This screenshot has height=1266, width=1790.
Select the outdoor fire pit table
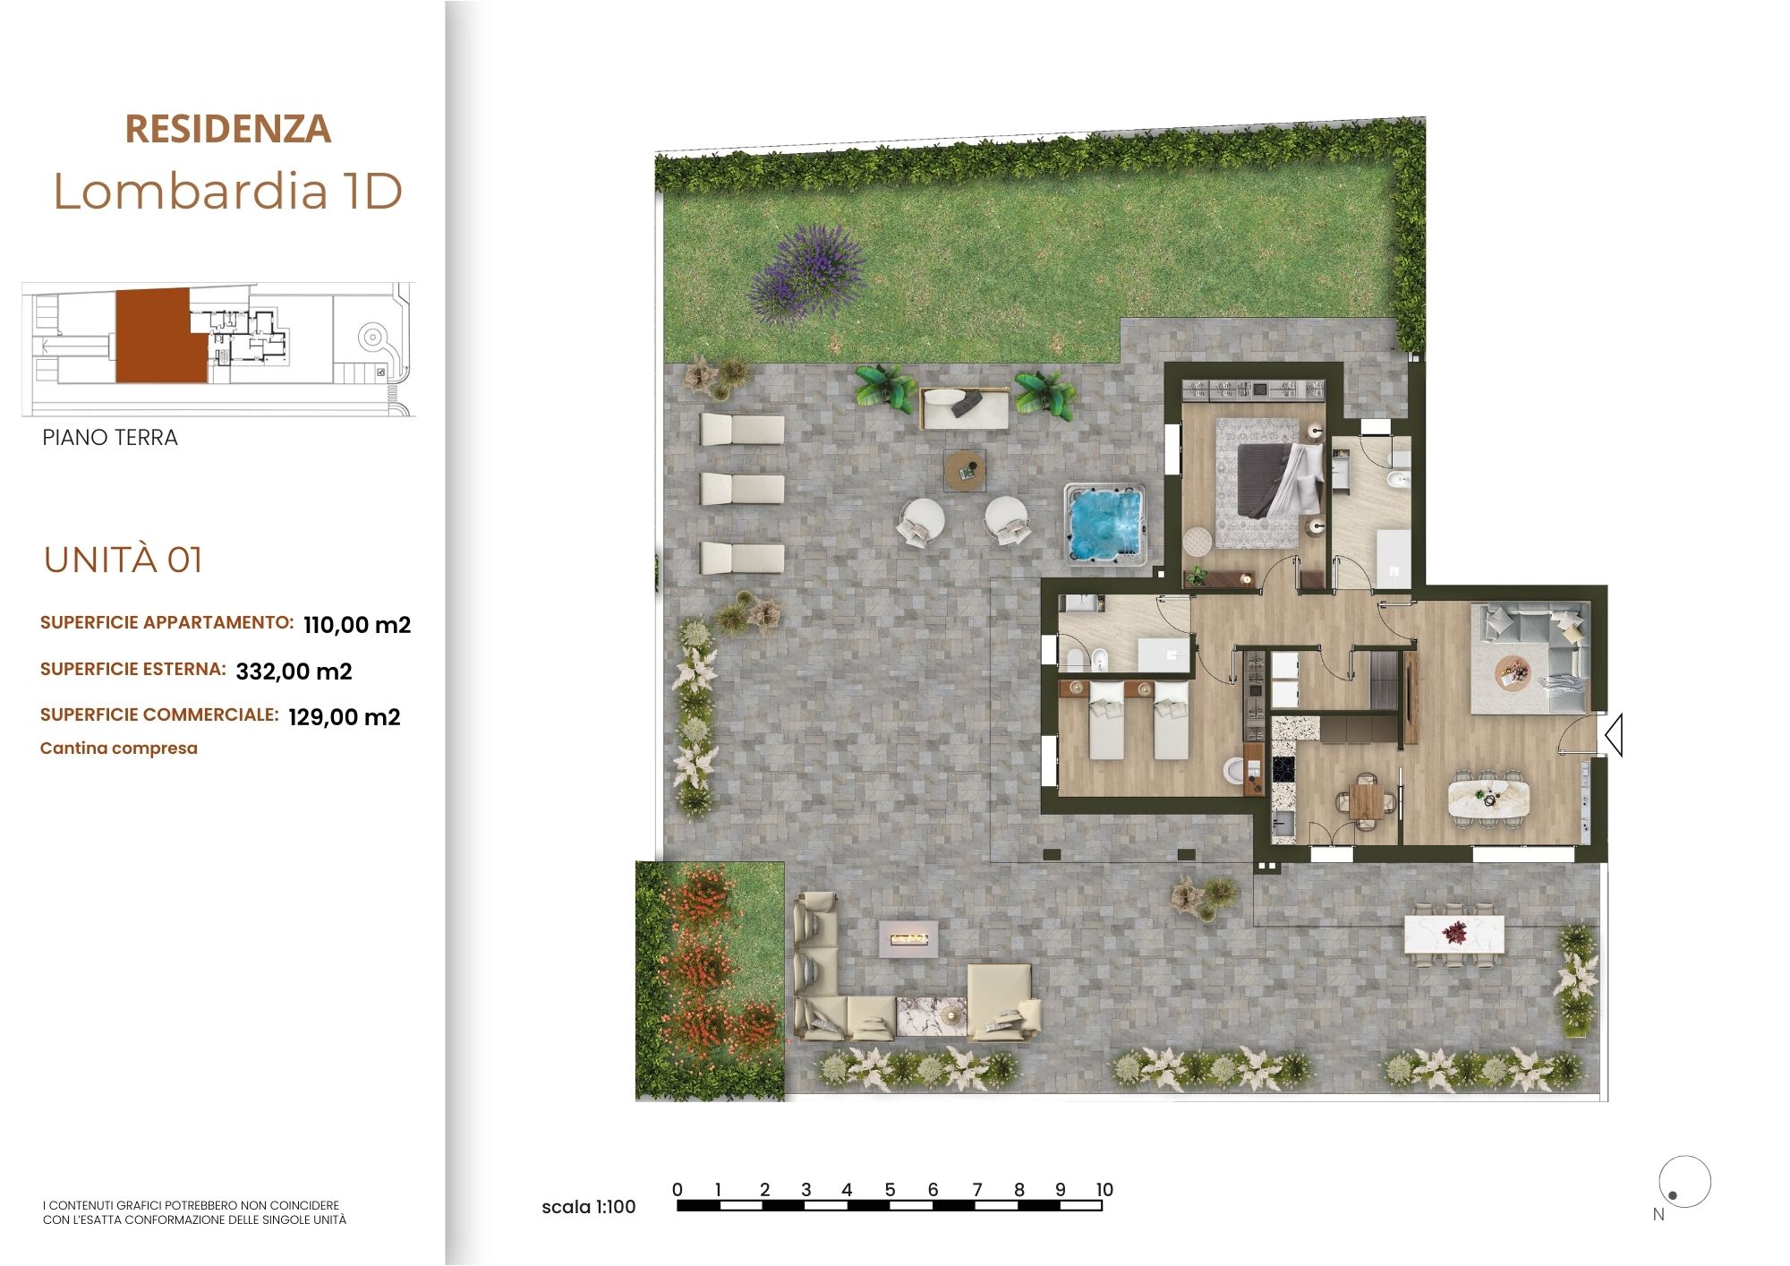[x=908, y=939]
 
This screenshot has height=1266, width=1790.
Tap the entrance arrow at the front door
[x=1614, y=736]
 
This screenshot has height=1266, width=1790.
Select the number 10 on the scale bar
[x=1104, y=1190]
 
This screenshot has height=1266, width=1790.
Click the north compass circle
[x=1684, y=1182]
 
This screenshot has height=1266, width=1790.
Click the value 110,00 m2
[x=357, y=625]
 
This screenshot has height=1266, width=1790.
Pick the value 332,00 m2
[x=294, y=671]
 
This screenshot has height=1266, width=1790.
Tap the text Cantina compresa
[x=119, y=748]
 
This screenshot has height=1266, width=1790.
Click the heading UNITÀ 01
[x=124, y=560]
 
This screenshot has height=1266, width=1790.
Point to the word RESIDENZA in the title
[x=228, y=129]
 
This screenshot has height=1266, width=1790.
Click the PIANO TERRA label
[x=110, y=438]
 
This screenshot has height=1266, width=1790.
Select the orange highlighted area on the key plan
[x=152, y=336]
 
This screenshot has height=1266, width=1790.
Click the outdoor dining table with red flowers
[x=1454, y=935]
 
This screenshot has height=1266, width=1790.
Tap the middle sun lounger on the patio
[x=742, y=490]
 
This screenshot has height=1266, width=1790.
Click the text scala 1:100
[x=589, y=1207]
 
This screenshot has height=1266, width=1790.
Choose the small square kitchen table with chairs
[x=1366, y=800]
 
